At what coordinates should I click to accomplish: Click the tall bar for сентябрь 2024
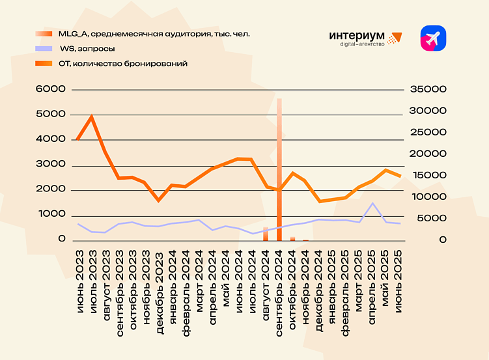(x=279, y=169)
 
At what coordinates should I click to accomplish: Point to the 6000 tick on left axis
(x=54, y=89)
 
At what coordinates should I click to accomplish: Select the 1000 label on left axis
(x=54, y=214)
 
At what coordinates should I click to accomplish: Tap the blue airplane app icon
(x=433, y=38)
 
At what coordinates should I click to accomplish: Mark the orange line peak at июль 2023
(x=91, y=117)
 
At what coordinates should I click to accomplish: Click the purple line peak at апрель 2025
(x=372, y=203)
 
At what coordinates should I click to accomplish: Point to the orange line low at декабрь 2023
(x=158, y=201)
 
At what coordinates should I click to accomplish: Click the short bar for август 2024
(x=266, y=234)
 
